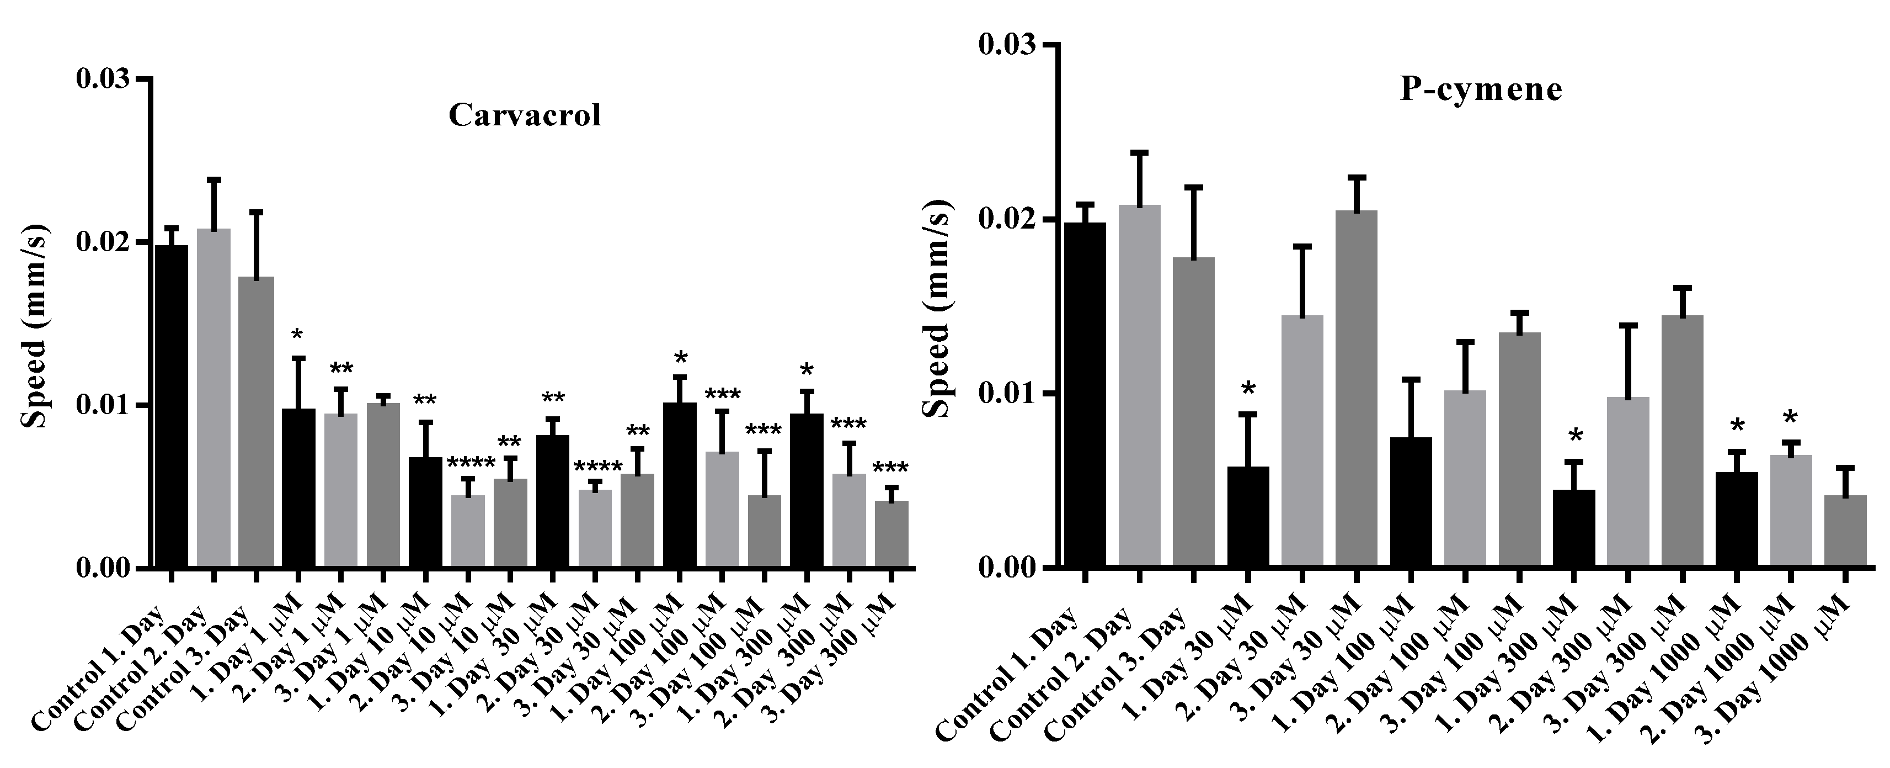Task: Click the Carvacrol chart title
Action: (x=525, y=115)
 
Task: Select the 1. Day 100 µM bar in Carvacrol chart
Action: (x=680, y=485)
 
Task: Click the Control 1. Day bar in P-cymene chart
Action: (x=1085, y=394)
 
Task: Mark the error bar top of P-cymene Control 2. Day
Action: (x=1139, y=152)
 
